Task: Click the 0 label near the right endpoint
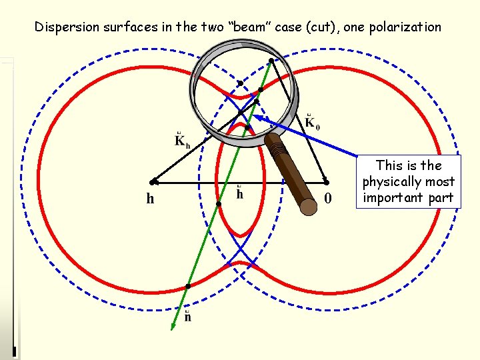click(x=327, y=198)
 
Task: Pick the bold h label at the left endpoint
click(x=151, y=198)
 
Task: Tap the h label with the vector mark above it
click(x=239, y=193)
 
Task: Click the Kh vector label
click(x=181, y=139)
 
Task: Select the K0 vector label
click(x=312, y=123)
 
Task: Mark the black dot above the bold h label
click(x=153, y=181)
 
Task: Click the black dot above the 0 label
click(x=326, y=181)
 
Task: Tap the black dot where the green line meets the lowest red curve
click(x=188, y=286)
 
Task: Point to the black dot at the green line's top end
click(x=271, y=61)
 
